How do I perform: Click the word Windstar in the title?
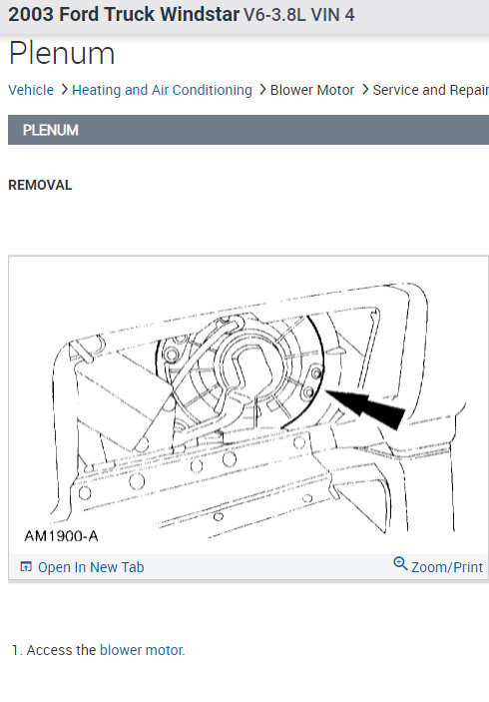(200, 14)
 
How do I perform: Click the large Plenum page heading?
(62, 54)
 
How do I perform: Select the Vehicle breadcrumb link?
(31, 90)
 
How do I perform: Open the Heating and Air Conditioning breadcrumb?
(162, 90)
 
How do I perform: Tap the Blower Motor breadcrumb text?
(312, 90)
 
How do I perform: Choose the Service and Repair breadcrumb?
(430, 90)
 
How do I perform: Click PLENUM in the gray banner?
(51, 130)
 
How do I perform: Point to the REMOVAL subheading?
(40, 185)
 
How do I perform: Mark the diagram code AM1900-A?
(61, 536)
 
